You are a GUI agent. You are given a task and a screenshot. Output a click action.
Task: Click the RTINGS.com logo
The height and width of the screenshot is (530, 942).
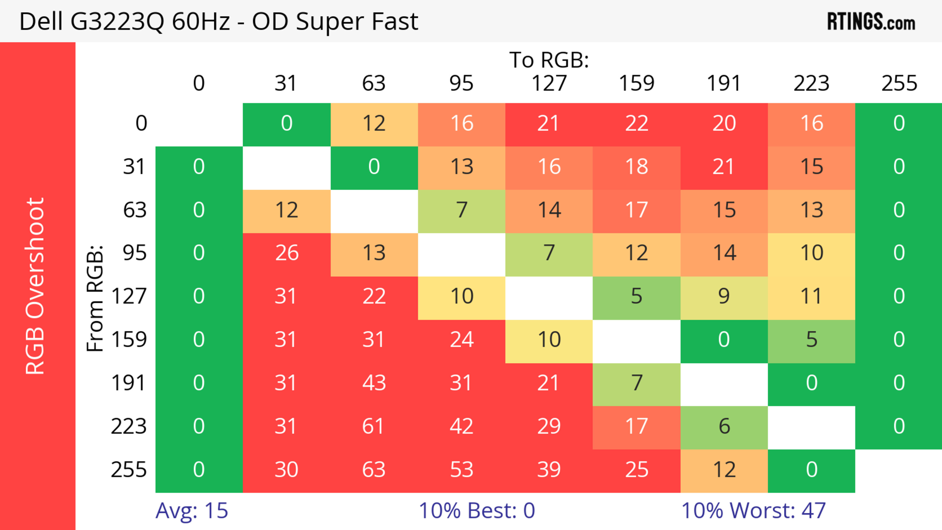point(871,22)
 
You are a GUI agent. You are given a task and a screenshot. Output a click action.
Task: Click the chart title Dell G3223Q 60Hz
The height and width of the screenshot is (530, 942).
point(218,22)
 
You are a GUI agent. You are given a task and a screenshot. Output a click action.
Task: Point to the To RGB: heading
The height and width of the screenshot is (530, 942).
point(549,60)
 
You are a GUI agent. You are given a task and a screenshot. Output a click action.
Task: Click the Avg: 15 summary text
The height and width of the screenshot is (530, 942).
point(192,510)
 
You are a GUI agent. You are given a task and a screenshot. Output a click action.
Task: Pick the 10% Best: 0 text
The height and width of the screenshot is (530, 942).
point(476,510)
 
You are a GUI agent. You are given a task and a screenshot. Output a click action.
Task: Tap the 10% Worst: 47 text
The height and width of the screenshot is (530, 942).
point(753,510)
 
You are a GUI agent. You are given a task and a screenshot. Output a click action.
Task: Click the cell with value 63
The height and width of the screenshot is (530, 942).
point(374,470)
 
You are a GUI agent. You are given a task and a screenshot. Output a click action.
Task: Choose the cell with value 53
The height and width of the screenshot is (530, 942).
point(461,470)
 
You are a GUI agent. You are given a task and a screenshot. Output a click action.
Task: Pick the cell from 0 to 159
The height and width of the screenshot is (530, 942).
point(636,123)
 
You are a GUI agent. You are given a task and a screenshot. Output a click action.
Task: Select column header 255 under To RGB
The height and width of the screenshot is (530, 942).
point(899,83)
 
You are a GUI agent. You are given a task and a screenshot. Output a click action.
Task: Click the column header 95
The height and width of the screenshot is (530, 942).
point(461,83)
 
